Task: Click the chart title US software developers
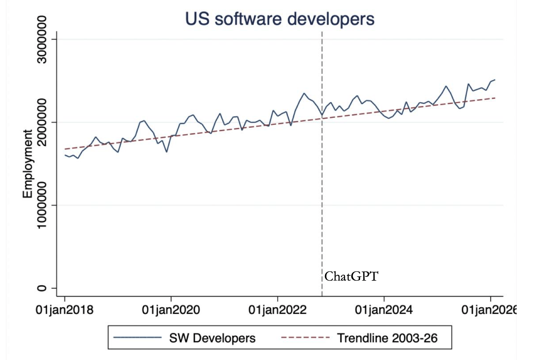coord(280,19)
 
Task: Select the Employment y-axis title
coord(27,164)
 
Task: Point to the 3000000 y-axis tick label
coord(42,39)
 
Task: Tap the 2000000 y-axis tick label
coord(42,122)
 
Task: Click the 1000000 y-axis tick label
coord(42,205)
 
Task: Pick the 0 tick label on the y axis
coord(42,288)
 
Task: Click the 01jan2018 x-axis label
coord(65,310)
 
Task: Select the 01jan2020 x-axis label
coord(171,310)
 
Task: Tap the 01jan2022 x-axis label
coord(278,310)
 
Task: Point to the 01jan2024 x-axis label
coord(384,310)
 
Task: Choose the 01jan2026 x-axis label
coord(489,310)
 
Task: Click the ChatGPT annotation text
coord(351,276)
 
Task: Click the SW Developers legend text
coord(212,338)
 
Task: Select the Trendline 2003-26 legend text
coord(387,338)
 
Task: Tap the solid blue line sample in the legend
coord(137,338)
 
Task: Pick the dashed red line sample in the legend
coord(305,338)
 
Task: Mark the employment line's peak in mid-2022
coord(304,93)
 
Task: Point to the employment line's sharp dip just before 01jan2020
coord(167,152)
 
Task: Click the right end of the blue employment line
coord(495,80)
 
